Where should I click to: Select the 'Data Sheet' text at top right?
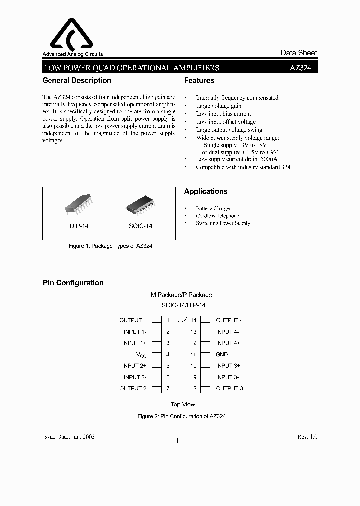pos(298,53)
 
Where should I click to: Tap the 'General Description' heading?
pos(77,80)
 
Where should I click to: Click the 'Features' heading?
pos(199,80)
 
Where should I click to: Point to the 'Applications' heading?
pos(205,191)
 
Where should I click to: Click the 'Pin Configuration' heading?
pos(73,283)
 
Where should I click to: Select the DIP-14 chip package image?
pos(79,207)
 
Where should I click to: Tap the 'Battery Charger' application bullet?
pos(213,208)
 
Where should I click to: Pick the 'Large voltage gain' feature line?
pos(218,106)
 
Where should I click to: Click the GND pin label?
pos(222,354)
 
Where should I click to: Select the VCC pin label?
pos(141,354)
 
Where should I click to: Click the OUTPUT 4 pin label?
pos(229,320)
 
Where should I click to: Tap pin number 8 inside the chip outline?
pos(195,388)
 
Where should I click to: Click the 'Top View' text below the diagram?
pos(183,404)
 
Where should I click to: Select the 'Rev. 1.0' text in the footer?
pos(307,437)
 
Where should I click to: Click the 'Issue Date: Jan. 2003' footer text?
pos(69,437)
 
